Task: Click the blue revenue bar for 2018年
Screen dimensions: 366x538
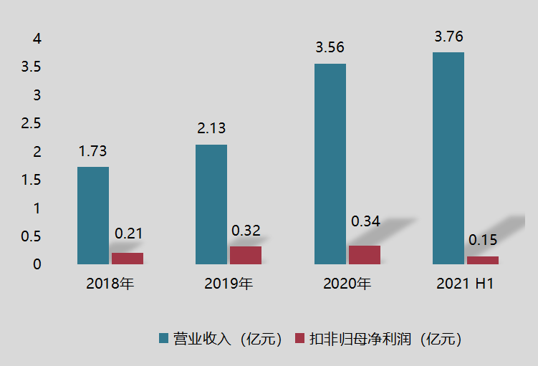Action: tap(93, 216)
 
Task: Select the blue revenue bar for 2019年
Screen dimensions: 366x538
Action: tap(211, 204)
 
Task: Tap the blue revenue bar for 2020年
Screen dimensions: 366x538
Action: tap(330, 164)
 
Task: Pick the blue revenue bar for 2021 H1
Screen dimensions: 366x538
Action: tap(448, 158)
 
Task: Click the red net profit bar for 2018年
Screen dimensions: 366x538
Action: tap(128, 259)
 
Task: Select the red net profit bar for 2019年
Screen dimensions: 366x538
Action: tap(246, 256)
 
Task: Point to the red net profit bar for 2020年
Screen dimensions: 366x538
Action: tap(365, 255)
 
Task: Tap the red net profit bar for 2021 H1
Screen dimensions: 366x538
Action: tap(483, 260)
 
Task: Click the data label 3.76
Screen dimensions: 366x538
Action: tap(448, 37)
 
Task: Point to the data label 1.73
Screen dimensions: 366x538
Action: tap(93, 151)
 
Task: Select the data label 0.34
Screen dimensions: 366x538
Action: tap(365, 221)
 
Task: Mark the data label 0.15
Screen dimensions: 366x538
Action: tap(483, 240)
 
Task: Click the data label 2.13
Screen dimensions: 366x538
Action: tap(211, 129)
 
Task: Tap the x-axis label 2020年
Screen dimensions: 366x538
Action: tap(347, 284)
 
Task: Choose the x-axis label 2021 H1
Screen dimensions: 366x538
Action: tap(465, 284)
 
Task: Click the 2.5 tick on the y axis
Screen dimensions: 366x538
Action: tap(32, 123)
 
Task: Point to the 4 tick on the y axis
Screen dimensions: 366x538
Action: tap(37, 38)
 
